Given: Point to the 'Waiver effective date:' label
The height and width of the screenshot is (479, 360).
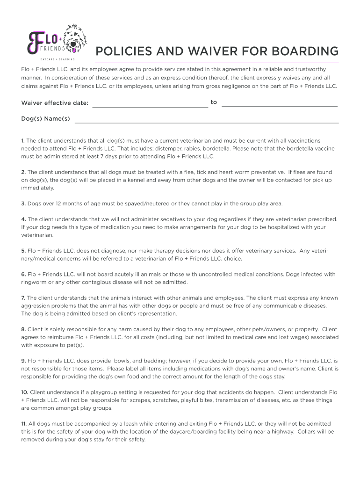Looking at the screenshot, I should tap(55, 103).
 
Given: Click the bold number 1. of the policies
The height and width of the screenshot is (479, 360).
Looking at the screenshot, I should tap(23, 140).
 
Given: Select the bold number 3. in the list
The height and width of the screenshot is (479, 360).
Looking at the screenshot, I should tap(23, 203).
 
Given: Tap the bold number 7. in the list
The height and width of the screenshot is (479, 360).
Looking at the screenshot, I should tap(23, 298).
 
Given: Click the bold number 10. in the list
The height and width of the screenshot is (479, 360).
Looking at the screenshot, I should tap(25, 392).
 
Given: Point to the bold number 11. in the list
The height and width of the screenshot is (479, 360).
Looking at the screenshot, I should tap(24, 424).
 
